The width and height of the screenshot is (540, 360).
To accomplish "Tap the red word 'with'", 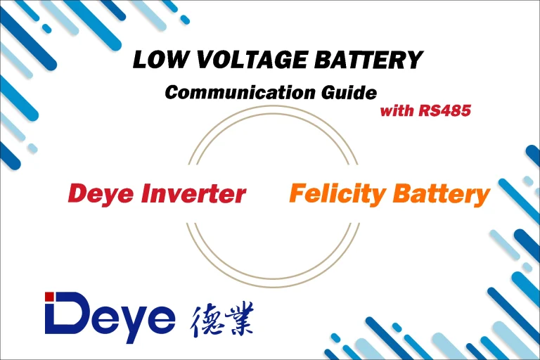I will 396,110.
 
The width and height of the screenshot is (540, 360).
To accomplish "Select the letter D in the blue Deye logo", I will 70,314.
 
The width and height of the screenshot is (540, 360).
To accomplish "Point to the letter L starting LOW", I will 141,60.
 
